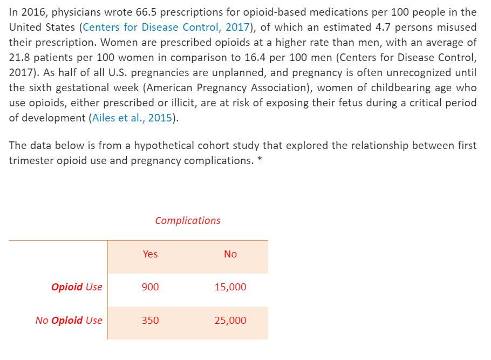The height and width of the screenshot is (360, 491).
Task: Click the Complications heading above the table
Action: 188,220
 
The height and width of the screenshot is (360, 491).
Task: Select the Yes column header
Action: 150,254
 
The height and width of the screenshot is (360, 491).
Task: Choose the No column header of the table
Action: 230,254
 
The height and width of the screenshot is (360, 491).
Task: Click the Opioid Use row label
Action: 77,287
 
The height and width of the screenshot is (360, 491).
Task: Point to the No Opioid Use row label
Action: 69,321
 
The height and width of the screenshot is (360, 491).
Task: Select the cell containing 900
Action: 150,287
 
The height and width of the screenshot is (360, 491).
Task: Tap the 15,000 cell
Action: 230,287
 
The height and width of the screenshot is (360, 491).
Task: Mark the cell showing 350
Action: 150,321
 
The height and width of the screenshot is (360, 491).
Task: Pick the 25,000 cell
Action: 230,321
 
